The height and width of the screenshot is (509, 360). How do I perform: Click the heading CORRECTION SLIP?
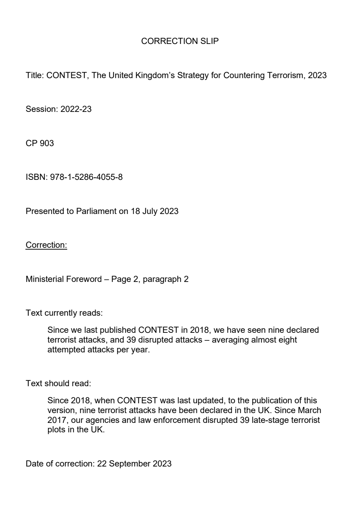(180, 41)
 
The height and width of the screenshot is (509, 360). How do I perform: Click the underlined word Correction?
(46, 245)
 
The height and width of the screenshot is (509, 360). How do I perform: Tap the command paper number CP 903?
(40, 144)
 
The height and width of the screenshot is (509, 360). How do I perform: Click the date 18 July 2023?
(154, 211)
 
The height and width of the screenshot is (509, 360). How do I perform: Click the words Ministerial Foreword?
(64, 279)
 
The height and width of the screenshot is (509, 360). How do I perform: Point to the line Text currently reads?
(64, 313)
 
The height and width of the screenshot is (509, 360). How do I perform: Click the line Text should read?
(58, 384)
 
